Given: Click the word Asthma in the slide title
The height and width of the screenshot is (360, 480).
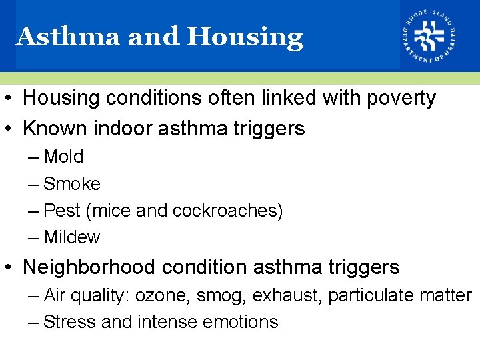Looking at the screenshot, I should point(67,37).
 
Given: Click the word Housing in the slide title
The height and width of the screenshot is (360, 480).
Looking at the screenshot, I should point(245,37).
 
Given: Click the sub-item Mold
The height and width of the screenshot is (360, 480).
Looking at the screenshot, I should point(63,157).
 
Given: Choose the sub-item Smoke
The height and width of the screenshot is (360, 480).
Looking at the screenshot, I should point(71,184).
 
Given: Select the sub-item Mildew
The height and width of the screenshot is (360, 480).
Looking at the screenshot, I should point(71,237).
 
